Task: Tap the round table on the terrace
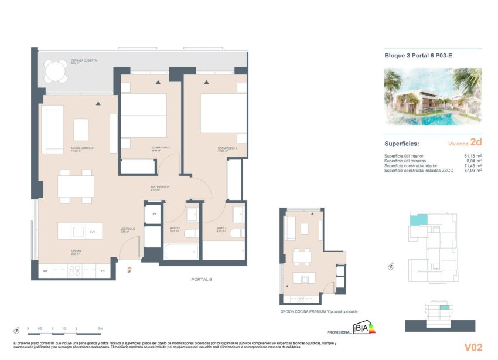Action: click(56, 72)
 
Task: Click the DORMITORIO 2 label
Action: click(145, 148)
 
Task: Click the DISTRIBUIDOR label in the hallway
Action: click(160, 187)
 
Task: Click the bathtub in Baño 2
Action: click(180, 252)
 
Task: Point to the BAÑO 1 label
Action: click(221, 229)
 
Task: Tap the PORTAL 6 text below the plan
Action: click(201, 279)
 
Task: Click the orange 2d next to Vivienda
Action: click(475, 142)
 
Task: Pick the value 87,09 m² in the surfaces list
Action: click(472, 171)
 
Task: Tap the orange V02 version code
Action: click(473, 348)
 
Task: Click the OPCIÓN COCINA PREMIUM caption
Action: click(319, 311)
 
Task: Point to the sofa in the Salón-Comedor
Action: click(52, 130)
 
